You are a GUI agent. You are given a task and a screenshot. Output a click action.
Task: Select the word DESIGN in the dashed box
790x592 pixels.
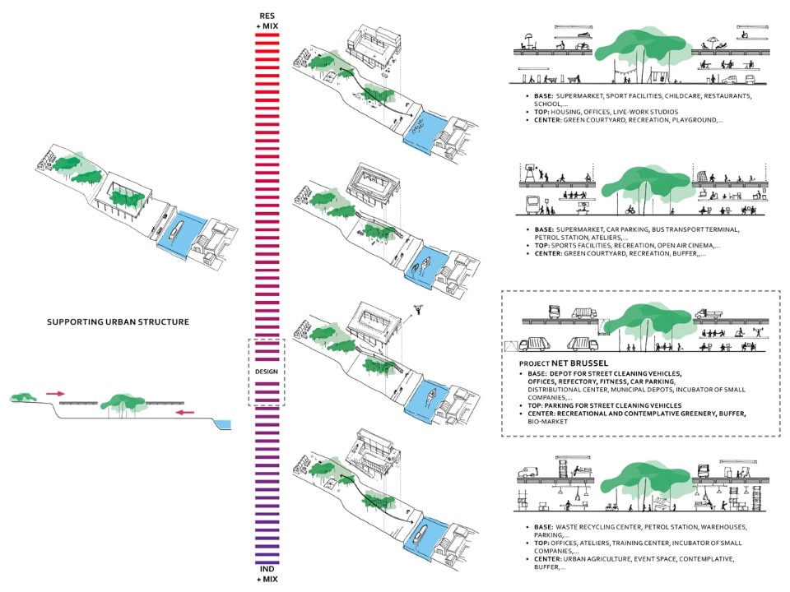click(268, 372)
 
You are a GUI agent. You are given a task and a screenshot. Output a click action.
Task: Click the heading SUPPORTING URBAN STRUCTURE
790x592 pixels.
click(118, 321)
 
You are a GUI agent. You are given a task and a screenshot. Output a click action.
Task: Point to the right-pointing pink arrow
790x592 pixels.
click(55, 395)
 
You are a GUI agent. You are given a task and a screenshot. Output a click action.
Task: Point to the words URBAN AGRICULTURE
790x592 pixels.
click(598, 559)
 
